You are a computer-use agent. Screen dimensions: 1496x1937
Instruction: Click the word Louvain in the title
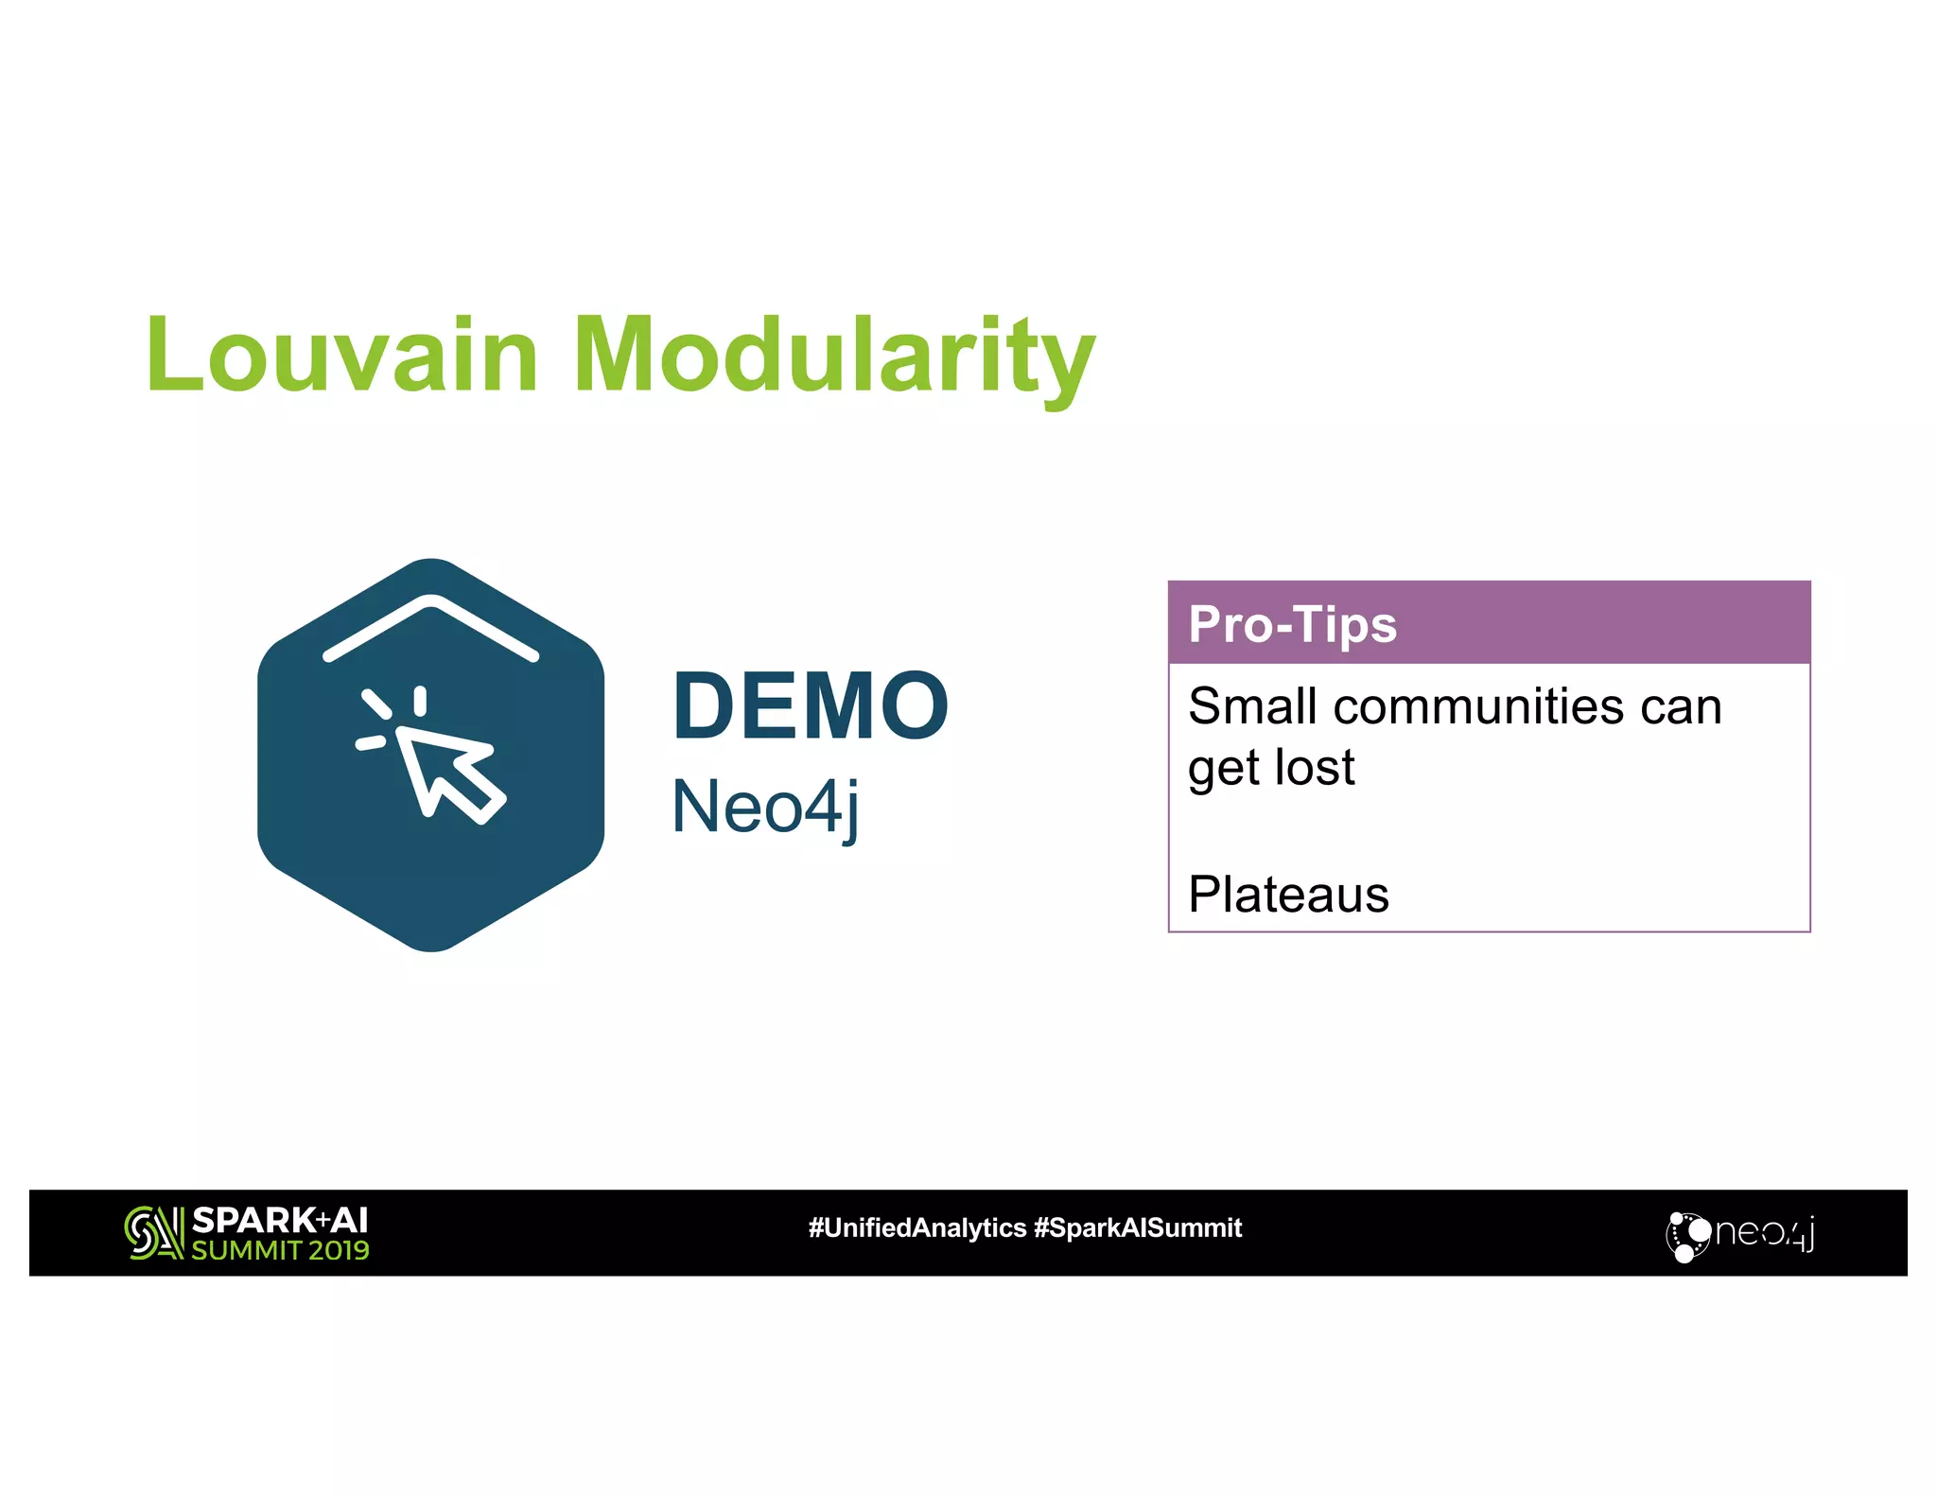pos(342,356)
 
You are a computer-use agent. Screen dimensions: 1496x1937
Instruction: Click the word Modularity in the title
pos(833,357)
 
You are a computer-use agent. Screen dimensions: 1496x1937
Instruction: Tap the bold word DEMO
pos(811,705)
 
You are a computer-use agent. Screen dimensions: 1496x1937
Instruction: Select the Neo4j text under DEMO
pos(765,807)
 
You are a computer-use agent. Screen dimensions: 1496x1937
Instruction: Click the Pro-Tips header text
pos(1292,624)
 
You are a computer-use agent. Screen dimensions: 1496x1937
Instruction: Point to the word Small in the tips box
pos(1252,706)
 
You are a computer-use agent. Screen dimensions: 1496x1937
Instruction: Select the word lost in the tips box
pos(1315,767)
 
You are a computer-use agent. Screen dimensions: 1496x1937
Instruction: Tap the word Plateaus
pos(1288,895)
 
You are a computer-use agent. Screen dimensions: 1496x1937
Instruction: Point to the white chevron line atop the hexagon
pos(430,627)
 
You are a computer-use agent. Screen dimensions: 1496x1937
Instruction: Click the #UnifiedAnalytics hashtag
pos(916,1228)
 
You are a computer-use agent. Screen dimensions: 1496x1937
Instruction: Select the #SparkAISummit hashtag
pos(1138,1228)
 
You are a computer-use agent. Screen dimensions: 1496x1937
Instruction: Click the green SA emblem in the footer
pos(153,1233)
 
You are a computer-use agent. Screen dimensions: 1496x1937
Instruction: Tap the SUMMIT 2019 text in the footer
pos(280,1251)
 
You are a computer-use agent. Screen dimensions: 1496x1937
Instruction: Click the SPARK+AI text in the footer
pos(280,1220)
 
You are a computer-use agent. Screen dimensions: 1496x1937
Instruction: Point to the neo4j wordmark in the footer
pos(1764,1233)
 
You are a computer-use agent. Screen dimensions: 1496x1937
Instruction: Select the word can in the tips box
pos(1681,706)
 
